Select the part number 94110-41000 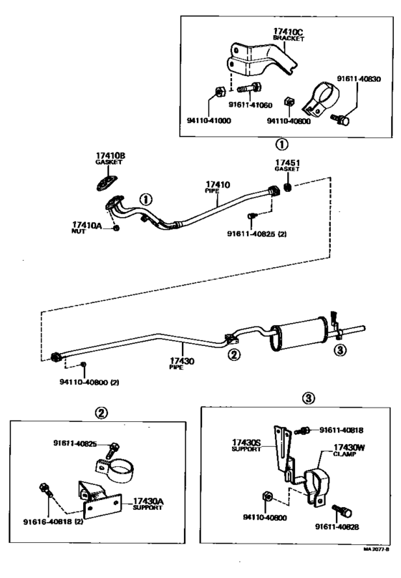coord(210,121)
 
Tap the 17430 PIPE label coord(183,362)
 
